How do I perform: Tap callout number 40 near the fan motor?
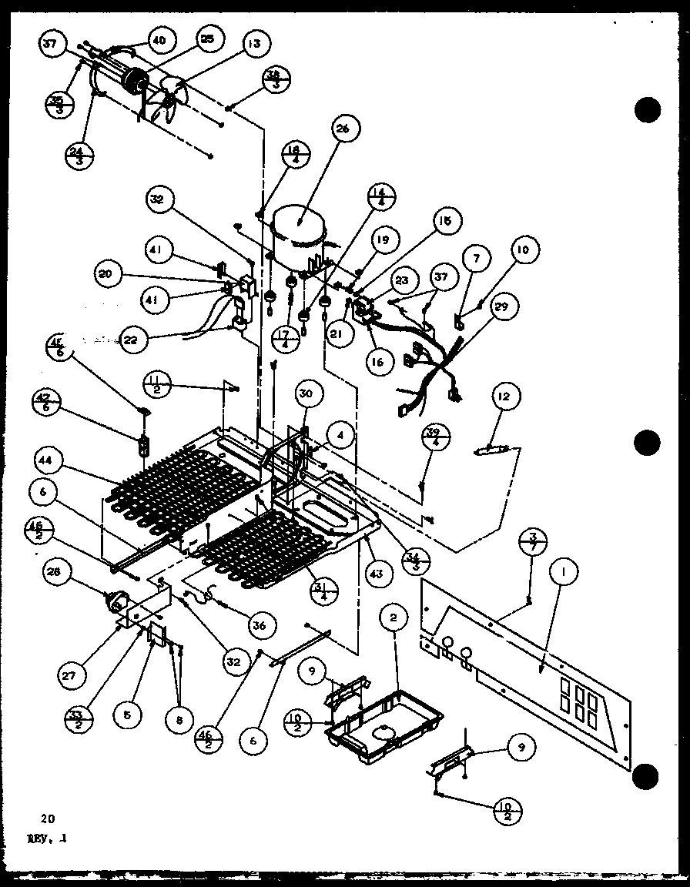(159, 40)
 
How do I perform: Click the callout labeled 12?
(504, 397)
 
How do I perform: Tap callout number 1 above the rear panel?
(564, 573)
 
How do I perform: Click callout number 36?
(259, 626)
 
